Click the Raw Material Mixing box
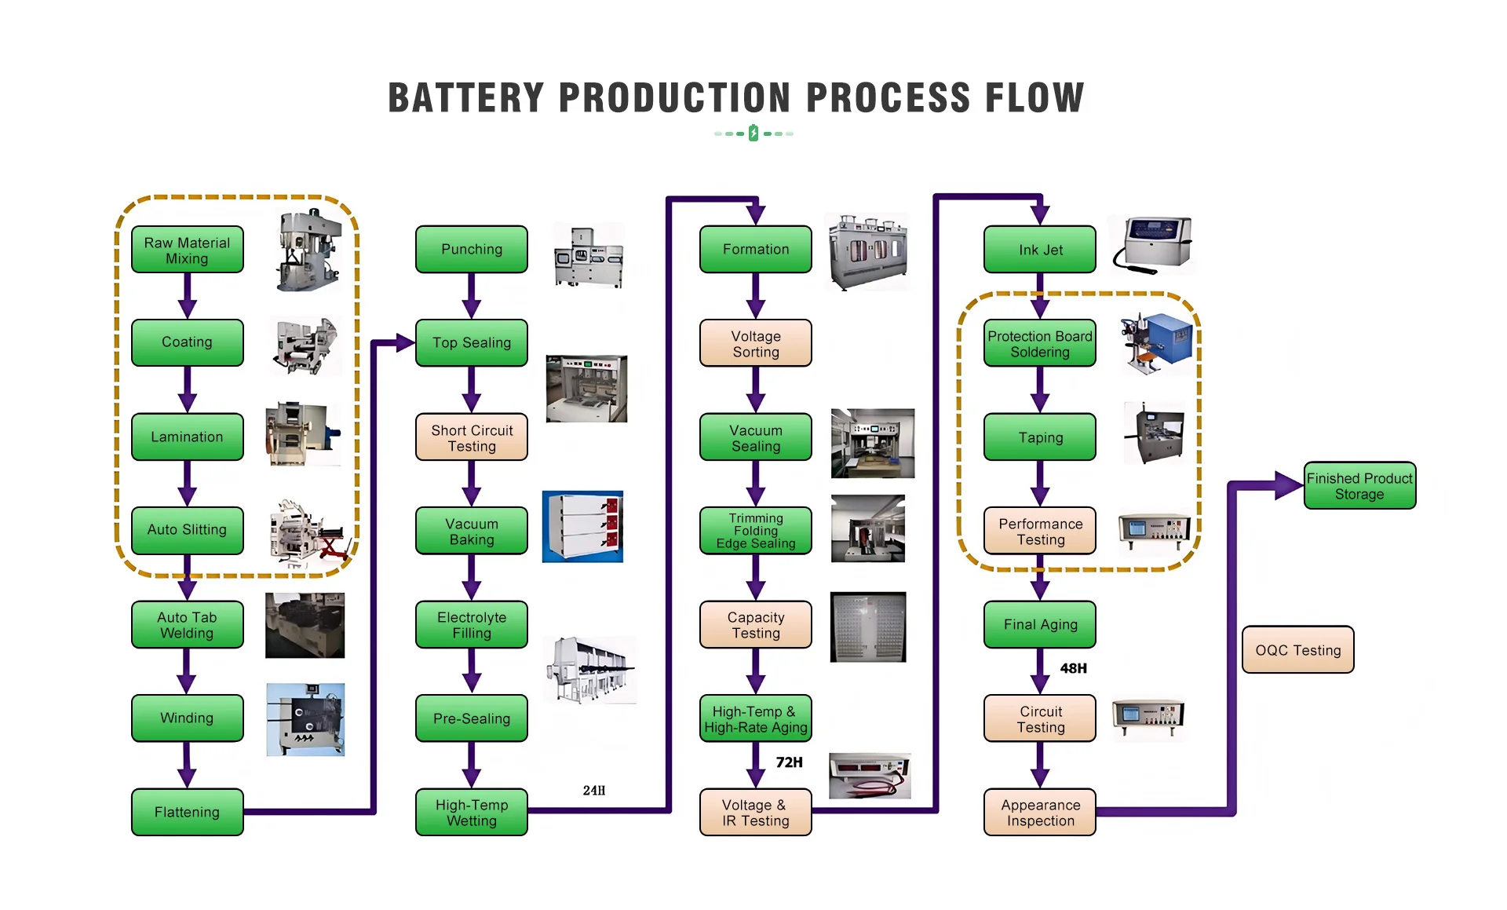coord(188,250)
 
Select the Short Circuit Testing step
coord(472,437)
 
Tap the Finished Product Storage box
coord(1360,486)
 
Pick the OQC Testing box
coord(1298,650)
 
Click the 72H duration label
coord(789,762)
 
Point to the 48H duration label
coord(1074,668)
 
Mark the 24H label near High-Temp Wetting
coord(594,791)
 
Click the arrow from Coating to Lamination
coord(188,389)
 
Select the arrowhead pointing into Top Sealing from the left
coord(405,342)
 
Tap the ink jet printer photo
coord(1152,245)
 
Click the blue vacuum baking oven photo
coord(582,527)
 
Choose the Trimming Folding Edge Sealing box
coord(756,531)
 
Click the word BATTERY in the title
coord(466,98)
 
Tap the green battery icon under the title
coord(753,133)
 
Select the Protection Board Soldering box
coord(1040,343)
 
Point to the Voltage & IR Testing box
coord(756,813)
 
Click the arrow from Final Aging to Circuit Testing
coord(1040,671)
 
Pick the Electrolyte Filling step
coord(472,625)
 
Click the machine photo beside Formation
coord(868,251)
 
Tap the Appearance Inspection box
coord(1040,813)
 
